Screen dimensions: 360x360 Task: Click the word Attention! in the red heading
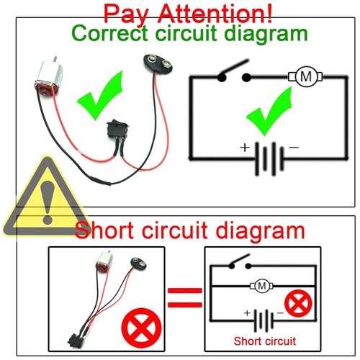click(215, 13)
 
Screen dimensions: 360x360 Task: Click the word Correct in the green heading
click(109, 33)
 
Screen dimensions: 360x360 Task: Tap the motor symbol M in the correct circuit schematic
click(305, 77)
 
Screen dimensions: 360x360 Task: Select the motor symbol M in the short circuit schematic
click(261, 286)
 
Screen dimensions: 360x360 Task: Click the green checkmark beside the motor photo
click(99, 96)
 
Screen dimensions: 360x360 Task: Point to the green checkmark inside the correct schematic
click(269, 112)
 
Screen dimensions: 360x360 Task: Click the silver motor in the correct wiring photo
click(48, 78)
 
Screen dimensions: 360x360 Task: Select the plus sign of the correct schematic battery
click(245, 148)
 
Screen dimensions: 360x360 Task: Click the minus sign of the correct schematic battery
click(294, 147)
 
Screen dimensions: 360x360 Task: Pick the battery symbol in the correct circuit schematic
click(269, 158)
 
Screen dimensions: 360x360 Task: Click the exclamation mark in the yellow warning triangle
click(48, 202)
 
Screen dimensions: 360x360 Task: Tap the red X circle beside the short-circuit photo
click(141, 328)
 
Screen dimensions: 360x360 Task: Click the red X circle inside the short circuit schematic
click(298, 303)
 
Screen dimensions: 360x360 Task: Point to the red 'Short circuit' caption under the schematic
click(265, 341)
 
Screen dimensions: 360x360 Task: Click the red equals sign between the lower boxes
click(185, 297)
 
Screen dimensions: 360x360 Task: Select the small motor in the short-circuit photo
click(104, 264)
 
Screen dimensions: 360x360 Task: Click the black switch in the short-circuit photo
click(75, 340)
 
